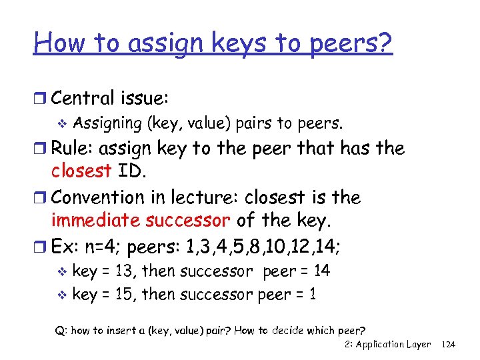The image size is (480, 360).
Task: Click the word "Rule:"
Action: pos(75,148)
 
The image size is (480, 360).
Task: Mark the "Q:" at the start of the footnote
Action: pos(61,329)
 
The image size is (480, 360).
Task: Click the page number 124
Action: pos(449,344)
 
